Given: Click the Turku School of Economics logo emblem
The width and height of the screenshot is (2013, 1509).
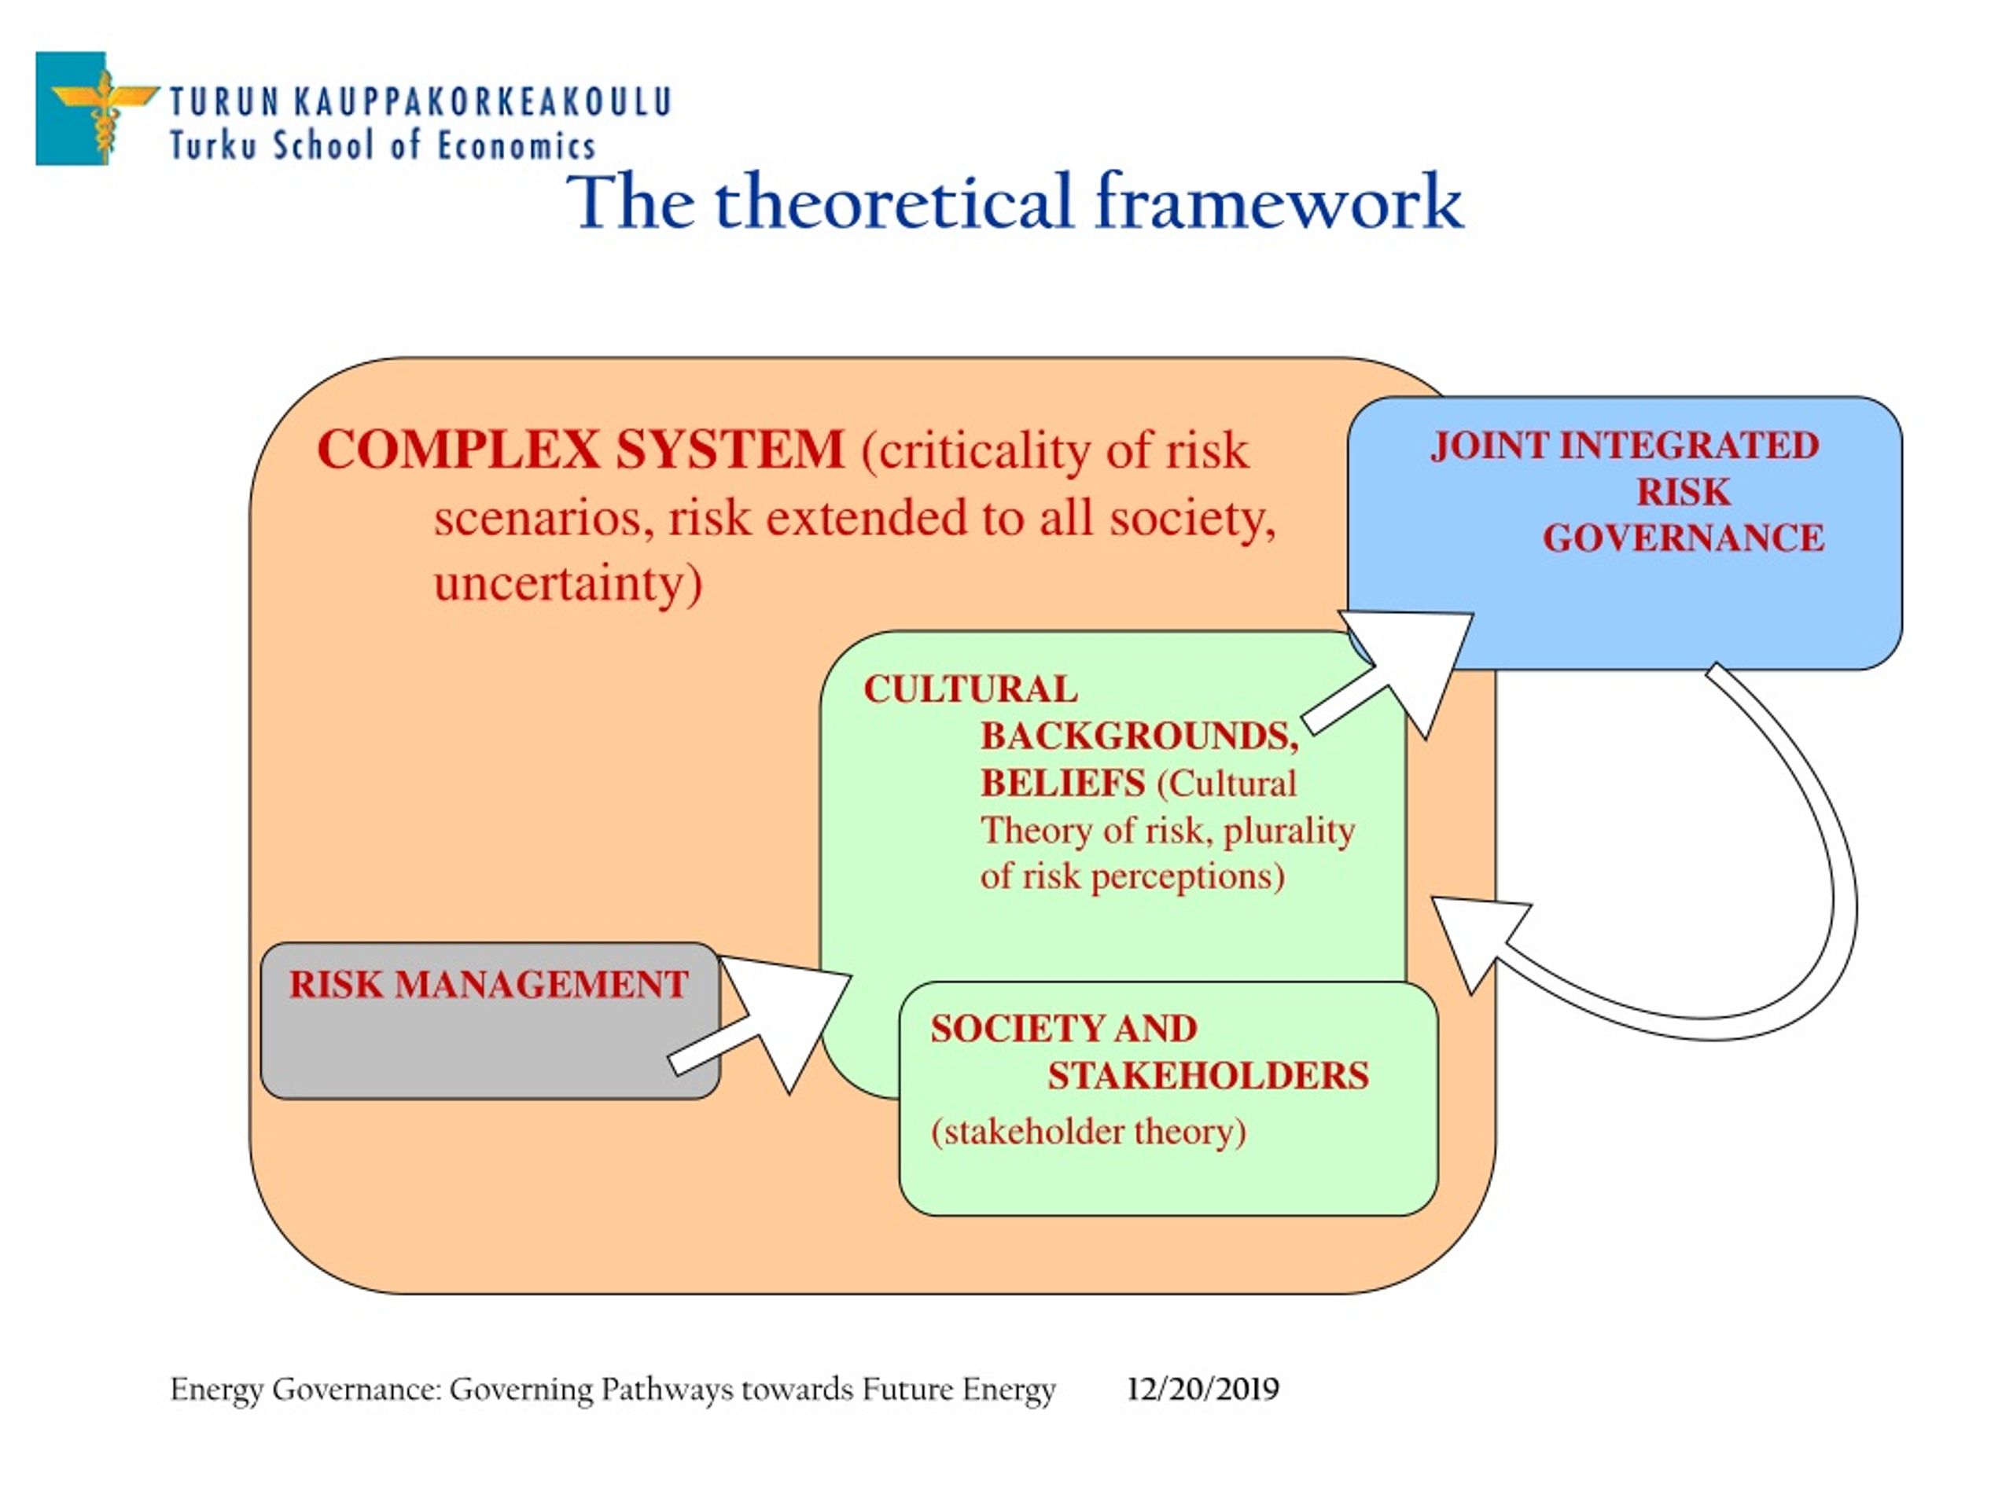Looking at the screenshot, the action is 97,108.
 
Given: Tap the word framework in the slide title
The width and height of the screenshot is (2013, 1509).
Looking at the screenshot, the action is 1279,203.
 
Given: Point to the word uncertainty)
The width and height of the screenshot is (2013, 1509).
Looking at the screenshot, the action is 568,584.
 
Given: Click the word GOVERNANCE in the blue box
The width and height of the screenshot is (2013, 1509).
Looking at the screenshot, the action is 1684,538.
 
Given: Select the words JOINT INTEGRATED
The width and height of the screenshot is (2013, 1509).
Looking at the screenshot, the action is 1625,445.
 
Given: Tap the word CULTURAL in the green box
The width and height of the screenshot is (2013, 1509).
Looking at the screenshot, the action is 971,688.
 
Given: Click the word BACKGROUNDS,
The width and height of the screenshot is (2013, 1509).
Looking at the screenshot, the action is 1139,736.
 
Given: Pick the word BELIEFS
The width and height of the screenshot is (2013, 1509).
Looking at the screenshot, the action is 1063,783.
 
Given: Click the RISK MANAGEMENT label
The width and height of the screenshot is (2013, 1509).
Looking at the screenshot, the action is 488,984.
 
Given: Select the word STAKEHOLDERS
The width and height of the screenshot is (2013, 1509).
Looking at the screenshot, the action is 1208,1075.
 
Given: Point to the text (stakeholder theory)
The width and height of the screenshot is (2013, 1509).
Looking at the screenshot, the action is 1088,1132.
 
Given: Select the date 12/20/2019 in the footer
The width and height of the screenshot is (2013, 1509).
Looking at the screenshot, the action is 1202,1389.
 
